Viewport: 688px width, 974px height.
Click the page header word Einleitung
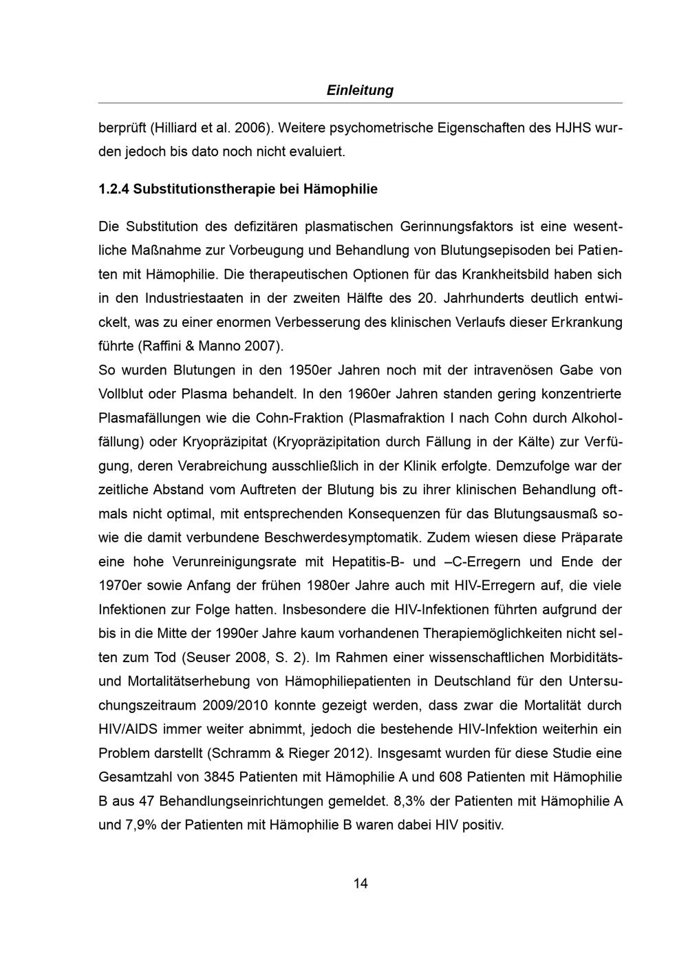360,90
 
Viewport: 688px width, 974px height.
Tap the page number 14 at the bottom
361,883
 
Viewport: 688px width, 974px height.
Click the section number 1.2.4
114,189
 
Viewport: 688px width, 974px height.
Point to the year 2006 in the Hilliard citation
250,128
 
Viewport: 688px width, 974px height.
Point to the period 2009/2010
237,706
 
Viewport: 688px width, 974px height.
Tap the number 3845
220,777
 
